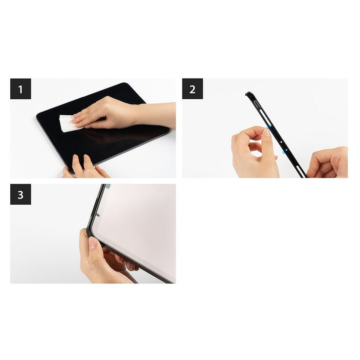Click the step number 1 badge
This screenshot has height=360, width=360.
point(21,89)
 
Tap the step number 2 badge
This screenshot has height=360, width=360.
point(192,89)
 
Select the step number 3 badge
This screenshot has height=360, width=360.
point(21,194)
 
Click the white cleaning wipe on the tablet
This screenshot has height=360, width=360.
point(67,123)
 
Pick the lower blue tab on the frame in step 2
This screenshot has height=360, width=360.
point(284,152)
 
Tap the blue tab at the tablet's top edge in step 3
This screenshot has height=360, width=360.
point(107,187)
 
